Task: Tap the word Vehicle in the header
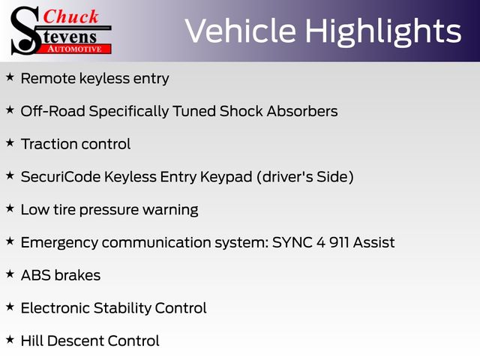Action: point(241,30)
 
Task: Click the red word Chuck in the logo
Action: point(70,16)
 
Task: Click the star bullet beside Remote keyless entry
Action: point(10,77)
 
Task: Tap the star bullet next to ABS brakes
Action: point(10,274)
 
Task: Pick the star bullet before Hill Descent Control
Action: point(10,340)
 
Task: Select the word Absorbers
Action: point(302,111)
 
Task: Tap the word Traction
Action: point(49,144)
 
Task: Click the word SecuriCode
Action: point(61,177)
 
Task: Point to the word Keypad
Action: point(226,177)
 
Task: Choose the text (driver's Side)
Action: point(305,177)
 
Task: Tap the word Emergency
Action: point(59,243)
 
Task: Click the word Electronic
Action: point(55,308)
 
